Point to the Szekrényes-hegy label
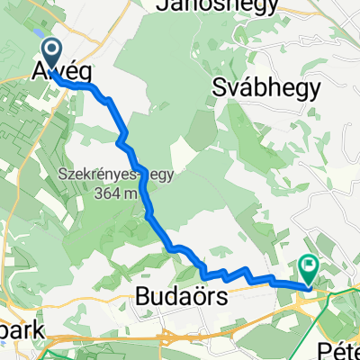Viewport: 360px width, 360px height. coord(103,175)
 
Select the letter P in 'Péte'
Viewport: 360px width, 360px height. coord(324,347)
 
